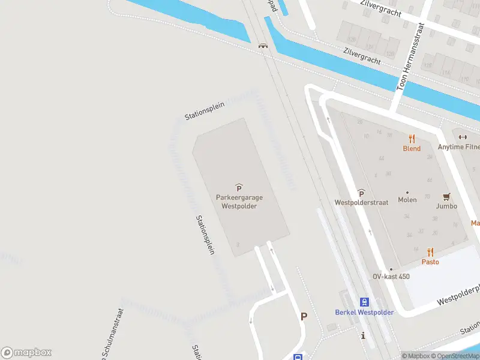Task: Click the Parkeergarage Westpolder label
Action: pos(239,201)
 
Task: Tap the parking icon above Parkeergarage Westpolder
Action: pos(239,188)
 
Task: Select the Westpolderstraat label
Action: pos(361,202)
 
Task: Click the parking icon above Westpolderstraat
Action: pos(361,193)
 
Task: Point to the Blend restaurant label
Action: pos(412,148)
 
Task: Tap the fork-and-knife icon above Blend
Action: pos(412,138)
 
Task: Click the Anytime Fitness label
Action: pos(458,147)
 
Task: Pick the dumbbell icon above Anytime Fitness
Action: pos(463,137)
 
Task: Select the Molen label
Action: pos(407,200)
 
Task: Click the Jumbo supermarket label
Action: pos(446,206)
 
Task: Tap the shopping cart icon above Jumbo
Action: pos(446,196)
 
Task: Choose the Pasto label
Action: pos(430,262)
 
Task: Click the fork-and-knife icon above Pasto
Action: pos(430,252)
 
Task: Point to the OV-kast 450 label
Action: pos(391,276)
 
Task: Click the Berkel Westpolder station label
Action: pos(364,313)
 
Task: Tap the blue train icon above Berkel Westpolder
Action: pos(364,302)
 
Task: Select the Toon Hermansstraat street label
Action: pos(411,58)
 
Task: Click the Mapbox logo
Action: pos(26,353)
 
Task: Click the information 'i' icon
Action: pos(362,336)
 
